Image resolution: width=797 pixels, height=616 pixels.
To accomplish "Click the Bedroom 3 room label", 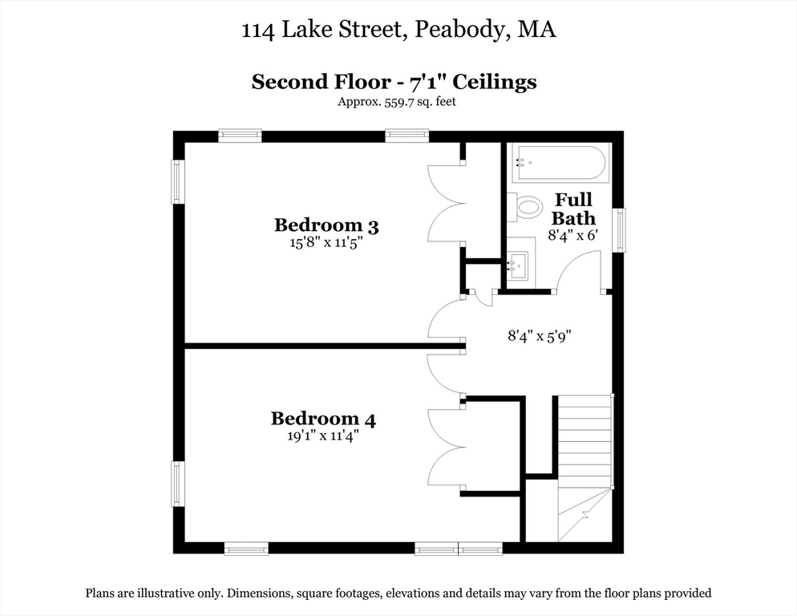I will click(x=326, y=225).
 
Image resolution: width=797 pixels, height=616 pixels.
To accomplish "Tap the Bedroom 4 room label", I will click(x=323, y=419).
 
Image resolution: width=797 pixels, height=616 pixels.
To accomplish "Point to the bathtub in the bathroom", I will click(x=559, y=163).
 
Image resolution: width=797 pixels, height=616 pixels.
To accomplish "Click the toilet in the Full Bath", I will click(x=526, y=208).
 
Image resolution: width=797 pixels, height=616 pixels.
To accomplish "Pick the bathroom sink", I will click(x=520, y=263).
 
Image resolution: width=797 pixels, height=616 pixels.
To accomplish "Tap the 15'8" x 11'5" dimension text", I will click(x=326, y=244).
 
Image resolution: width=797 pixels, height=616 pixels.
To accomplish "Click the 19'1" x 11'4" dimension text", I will click(x=323, y=436).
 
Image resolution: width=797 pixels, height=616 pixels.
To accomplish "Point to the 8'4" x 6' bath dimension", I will click(x=573, y=235).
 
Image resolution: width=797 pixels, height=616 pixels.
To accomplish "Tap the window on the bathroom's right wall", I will click(x=619, y=230).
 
